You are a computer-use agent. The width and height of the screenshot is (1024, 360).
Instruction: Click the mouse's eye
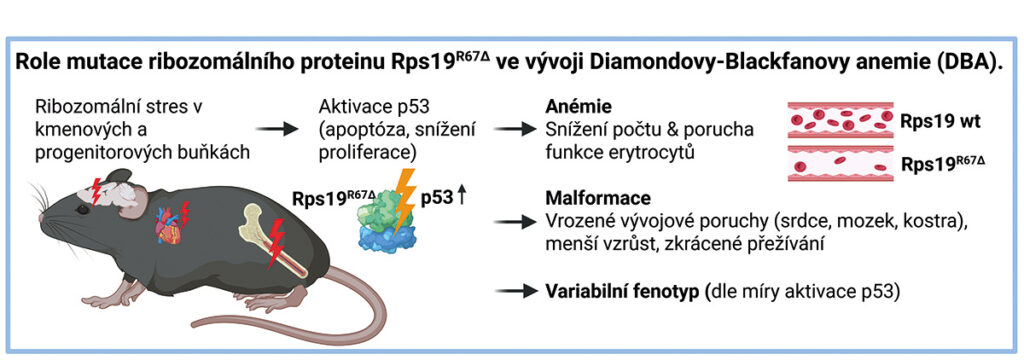point(82,210)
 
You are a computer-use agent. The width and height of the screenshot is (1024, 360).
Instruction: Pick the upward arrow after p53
point(462,197)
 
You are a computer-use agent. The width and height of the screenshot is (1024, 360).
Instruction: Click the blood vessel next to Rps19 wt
point(840,120)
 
